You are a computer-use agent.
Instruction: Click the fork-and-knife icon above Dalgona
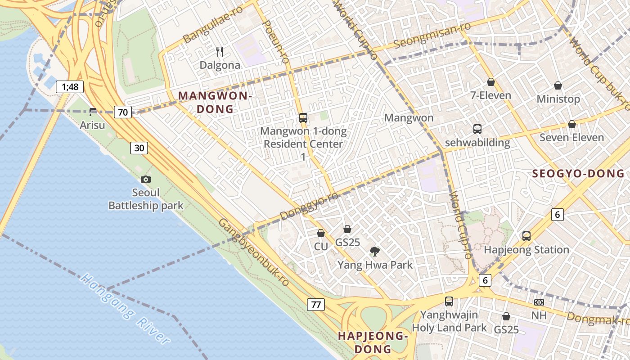click(x=220, y=52)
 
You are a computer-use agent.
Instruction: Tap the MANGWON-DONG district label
click(x=215, y=102)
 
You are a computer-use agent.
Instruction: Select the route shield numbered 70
click(x=123, y=112)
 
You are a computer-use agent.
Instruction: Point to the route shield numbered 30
click(x=139, y=148)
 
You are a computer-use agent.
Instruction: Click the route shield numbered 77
click(x=316, y=305)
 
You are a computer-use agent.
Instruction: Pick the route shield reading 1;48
click(x=70, y=87)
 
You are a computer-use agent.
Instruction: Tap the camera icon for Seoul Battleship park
click(x=145, y=179)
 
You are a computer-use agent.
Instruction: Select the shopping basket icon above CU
click(x=321, y=233)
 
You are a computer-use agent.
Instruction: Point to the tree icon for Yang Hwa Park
click(x=374, y=251)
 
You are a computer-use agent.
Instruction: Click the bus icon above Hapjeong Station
click(x=526, y=236)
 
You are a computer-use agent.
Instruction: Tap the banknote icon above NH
click(x=539, y=302)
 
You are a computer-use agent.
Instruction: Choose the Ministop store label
click(x=558, y=99)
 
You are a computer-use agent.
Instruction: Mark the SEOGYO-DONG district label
click(x=578, y=173)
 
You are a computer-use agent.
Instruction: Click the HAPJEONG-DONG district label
click(x=373, y=342)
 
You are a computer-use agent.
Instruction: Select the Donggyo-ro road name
click(x=309, y=207)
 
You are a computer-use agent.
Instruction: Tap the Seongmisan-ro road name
click(x=432, y=35)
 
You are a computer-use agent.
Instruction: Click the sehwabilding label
click(x=477, y=143)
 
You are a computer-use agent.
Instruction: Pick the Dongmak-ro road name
click(x=598, y=319)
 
